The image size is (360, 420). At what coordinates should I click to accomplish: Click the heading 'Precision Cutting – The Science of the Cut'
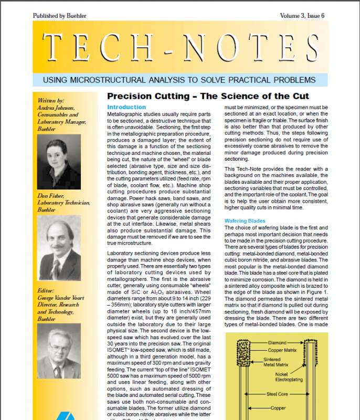tap(208, 97)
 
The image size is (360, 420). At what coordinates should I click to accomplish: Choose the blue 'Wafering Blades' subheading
tap(245, 221)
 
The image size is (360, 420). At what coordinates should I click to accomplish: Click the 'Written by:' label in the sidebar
tap(51, 100)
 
